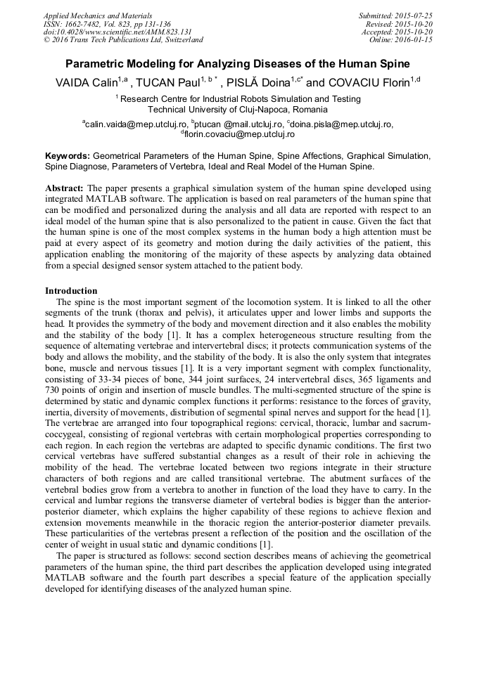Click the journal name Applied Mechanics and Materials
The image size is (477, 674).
[x=96, y=15]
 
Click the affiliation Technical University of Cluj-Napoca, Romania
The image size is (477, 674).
[x=237, y=110]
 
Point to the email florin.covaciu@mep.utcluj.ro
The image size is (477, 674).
[x=239, y=134]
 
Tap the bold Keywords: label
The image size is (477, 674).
[x=68, y=155]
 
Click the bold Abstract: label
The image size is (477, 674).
[x=65, y=189]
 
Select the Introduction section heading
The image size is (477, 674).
[x=71, y=290]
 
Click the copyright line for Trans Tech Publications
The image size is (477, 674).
[x=123, y=41]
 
